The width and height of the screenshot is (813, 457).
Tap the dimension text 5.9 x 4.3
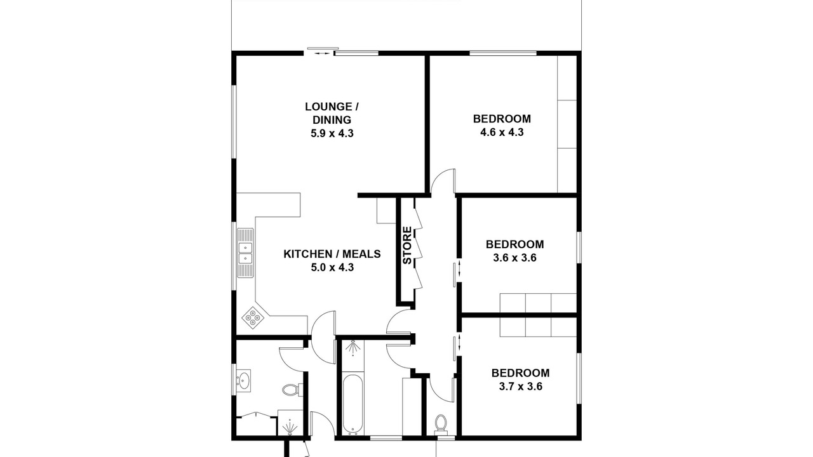pyautogui.click(x=332, y=133)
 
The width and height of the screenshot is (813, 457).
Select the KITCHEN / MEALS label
pyautogui.click(x=332, y=254)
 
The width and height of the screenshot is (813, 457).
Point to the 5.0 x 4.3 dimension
pyautogui.click(x=332, y=268)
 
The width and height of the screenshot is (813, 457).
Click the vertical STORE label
pyautogui.click(x=408, y=245)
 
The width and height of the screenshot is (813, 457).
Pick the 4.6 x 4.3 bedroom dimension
pyautogui.click(x=502, y=132)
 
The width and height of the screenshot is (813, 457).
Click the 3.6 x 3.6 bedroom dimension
pyautogui.click(x=514, y=258)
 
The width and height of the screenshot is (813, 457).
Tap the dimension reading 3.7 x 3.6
pyautogui.click(x=520, y=387)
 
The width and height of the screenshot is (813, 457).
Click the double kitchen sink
pyautogui.click(x=245, y=253)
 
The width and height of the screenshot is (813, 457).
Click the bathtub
pyautogui.click(x=353, y=404)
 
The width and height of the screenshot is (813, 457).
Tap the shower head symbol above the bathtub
pyautogui.click(x=353, y=348)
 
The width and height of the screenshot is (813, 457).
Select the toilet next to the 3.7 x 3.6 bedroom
pyautogui.click(x=441, y=424)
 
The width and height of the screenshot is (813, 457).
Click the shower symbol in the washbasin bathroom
pyautogui.click(x=290, y=427)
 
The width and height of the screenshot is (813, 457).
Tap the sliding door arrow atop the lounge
pyautogui.click(x=323, y=54)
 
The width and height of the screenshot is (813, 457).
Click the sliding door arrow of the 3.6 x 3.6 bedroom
pyautogui.click(x=459, y=268)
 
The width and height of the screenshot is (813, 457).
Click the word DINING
pyautogui.click(x=332, y=120)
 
